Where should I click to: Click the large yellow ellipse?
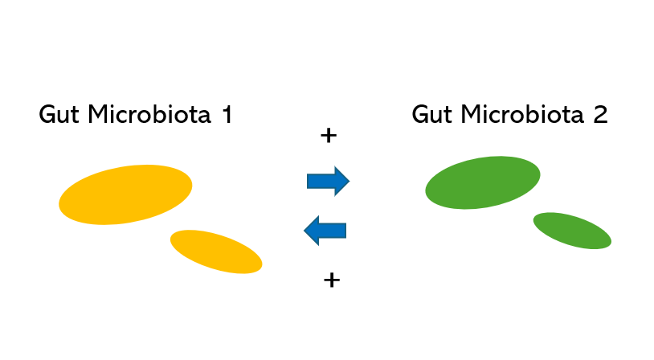[x=125, y=194]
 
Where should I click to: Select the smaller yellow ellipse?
[x=216, y=251]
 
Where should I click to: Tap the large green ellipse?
[x=482, y=182]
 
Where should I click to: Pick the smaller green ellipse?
[x=572, y=231]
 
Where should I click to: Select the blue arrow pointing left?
[x=325, y=231]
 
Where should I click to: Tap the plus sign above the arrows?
[x=328, y=135]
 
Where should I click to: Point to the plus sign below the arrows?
[x=331, y=280]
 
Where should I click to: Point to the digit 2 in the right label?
[x=599, y=115]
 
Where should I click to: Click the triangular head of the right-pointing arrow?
[x=341, y=181]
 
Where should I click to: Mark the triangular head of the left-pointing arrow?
[x=312, y=231]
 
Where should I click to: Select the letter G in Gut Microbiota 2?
[x=420, y=115]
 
